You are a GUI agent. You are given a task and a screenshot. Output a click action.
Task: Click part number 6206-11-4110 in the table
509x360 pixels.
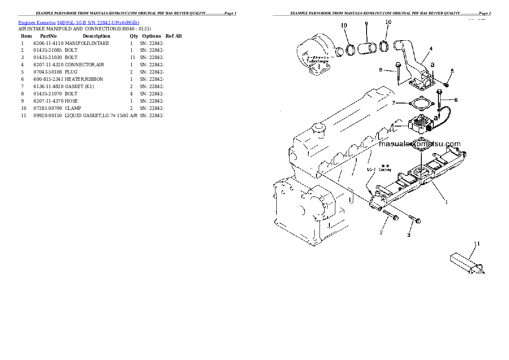click(48, 43)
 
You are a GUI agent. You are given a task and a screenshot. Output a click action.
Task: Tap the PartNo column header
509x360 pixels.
click(48, 36)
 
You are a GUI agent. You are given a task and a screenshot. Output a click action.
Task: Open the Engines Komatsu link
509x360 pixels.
click(37, 22)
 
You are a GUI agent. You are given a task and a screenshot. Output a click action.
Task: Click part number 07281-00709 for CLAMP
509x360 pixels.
click(48, 108)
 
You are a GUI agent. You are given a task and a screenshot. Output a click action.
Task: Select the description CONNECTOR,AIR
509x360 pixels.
click(84, 65)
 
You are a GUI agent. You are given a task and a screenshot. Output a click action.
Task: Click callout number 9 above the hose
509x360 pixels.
click(366, 24)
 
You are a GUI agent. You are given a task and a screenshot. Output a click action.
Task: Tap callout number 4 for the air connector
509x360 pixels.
click(431, 49)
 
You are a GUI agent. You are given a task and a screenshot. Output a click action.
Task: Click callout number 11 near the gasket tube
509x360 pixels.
click(477, 244)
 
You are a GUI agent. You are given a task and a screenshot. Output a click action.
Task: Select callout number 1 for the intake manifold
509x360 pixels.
click(446, 202)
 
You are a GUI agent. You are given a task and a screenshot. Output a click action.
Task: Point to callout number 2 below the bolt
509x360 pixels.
click(381, 233)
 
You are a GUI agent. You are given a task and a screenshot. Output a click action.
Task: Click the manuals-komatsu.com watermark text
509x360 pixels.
click(420, 144)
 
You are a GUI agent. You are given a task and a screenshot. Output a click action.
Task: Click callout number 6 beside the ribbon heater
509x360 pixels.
click(392, 126)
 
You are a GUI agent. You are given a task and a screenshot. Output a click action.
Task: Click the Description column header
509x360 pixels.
click(96, 36)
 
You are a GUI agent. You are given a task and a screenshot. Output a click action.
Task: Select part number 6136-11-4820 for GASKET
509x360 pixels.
click(48, 86)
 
